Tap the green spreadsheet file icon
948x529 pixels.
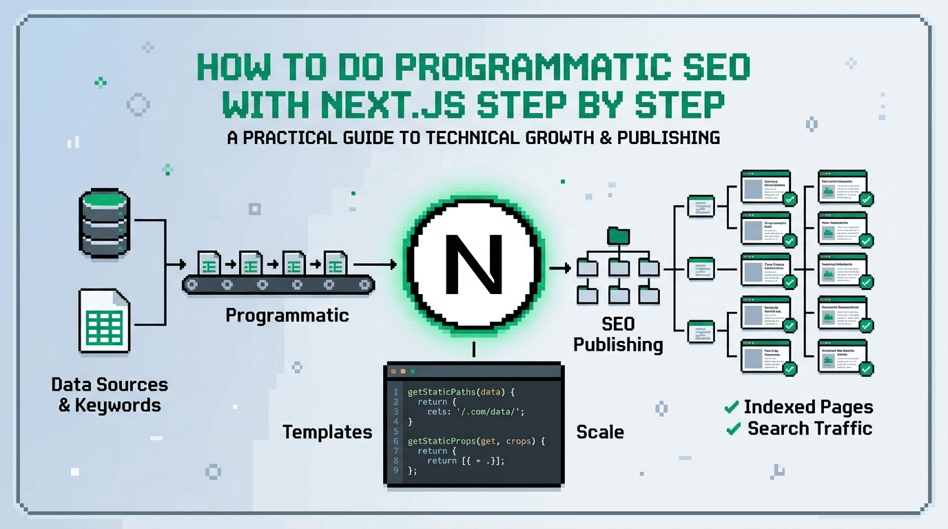[x=104, y=321]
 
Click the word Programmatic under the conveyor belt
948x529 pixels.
[x=287, y=315]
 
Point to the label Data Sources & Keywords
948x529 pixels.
[x=110, y=395]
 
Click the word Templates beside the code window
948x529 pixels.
[x=327, y=433]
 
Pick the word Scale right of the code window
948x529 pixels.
[x=600, y=433]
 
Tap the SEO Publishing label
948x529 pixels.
[x=618, y=333]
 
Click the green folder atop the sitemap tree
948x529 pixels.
[x=618, y=236]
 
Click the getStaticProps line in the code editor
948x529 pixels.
[x=476, y=440]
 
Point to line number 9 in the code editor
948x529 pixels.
[x=395, y=470]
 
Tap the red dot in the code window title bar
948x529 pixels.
[x=393, y=371]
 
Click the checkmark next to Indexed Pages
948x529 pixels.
[x=732, y=408]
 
